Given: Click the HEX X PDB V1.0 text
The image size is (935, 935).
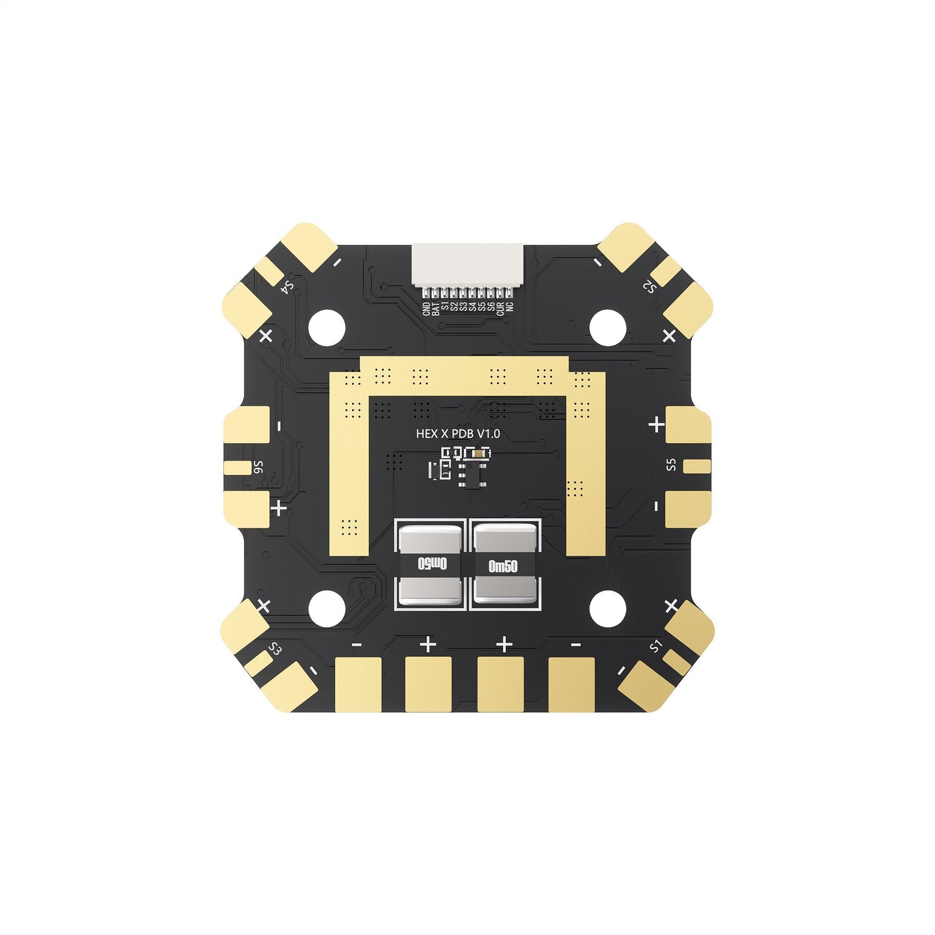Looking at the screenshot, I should pos(457,434).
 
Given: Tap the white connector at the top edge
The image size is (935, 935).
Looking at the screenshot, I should pos(467,263).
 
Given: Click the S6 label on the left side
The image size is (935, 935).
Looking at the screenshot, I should pos(258,467).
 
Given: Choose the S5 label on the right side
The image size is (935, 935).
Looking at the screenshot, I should pos(671,465).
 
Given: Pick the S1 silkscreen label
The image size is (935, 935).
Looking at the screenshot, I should pos(656,645).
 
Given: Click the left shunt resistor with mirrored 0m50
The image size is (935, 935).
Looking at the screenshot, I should pos(430,564).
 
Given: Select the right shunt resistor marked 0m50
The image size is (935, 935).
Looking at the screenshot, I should pos(504,564).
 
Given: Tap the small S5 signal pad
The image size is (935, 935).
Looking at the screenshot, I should pos(697,465).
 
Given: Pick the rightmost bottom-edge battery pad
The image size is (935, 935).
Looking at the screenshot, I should pos(571,684).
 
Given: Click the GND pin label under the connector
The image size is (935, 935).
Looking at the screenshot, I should pos(426,309).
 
